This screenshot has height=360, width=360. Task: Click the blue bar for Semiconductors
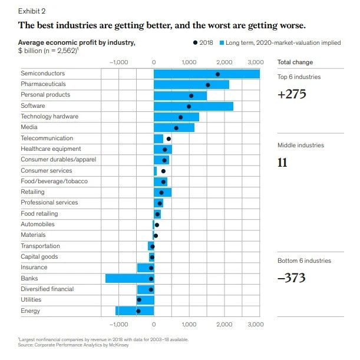point(207,74)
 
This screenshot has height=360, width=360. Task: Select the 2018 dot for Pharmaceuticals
point(208,85)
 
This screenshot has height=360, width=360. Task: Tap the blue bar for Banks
point(130,279)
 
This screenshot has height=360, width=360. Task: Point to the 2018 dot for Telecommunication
point(169,138)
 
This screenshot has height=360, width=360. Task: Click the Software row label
point(33,105)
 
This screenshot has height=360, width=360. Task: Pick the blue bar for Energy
point(134,311)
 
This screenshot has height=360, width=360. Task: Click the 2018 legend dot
point(195,42)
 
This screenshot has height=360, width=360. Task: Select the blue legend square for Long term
point(222,42)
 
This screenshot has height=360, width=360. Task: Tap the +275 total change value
point(292,94)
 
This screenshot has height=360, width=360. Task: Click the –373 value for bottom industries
point(292,278)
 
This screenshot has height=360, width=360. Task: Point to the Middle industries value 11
point(282,163)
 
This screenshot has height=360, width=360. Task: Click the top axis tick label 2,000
point(224,62)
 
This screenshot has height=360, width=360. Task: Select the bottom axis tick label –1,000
point(118,325)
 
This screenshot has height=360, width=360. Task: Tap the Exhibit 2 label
point(32,11)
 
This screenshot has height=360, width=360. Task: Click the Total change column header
point(295,62)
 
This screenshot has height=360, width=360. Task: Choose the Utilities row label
point(31,300)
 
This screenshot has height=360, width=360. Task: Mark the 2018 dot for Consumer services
point(163,171)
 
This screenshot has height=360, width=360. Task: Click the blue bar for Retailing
point(163,193)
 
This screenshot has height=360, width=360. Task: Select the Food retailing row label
point(39,213)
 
